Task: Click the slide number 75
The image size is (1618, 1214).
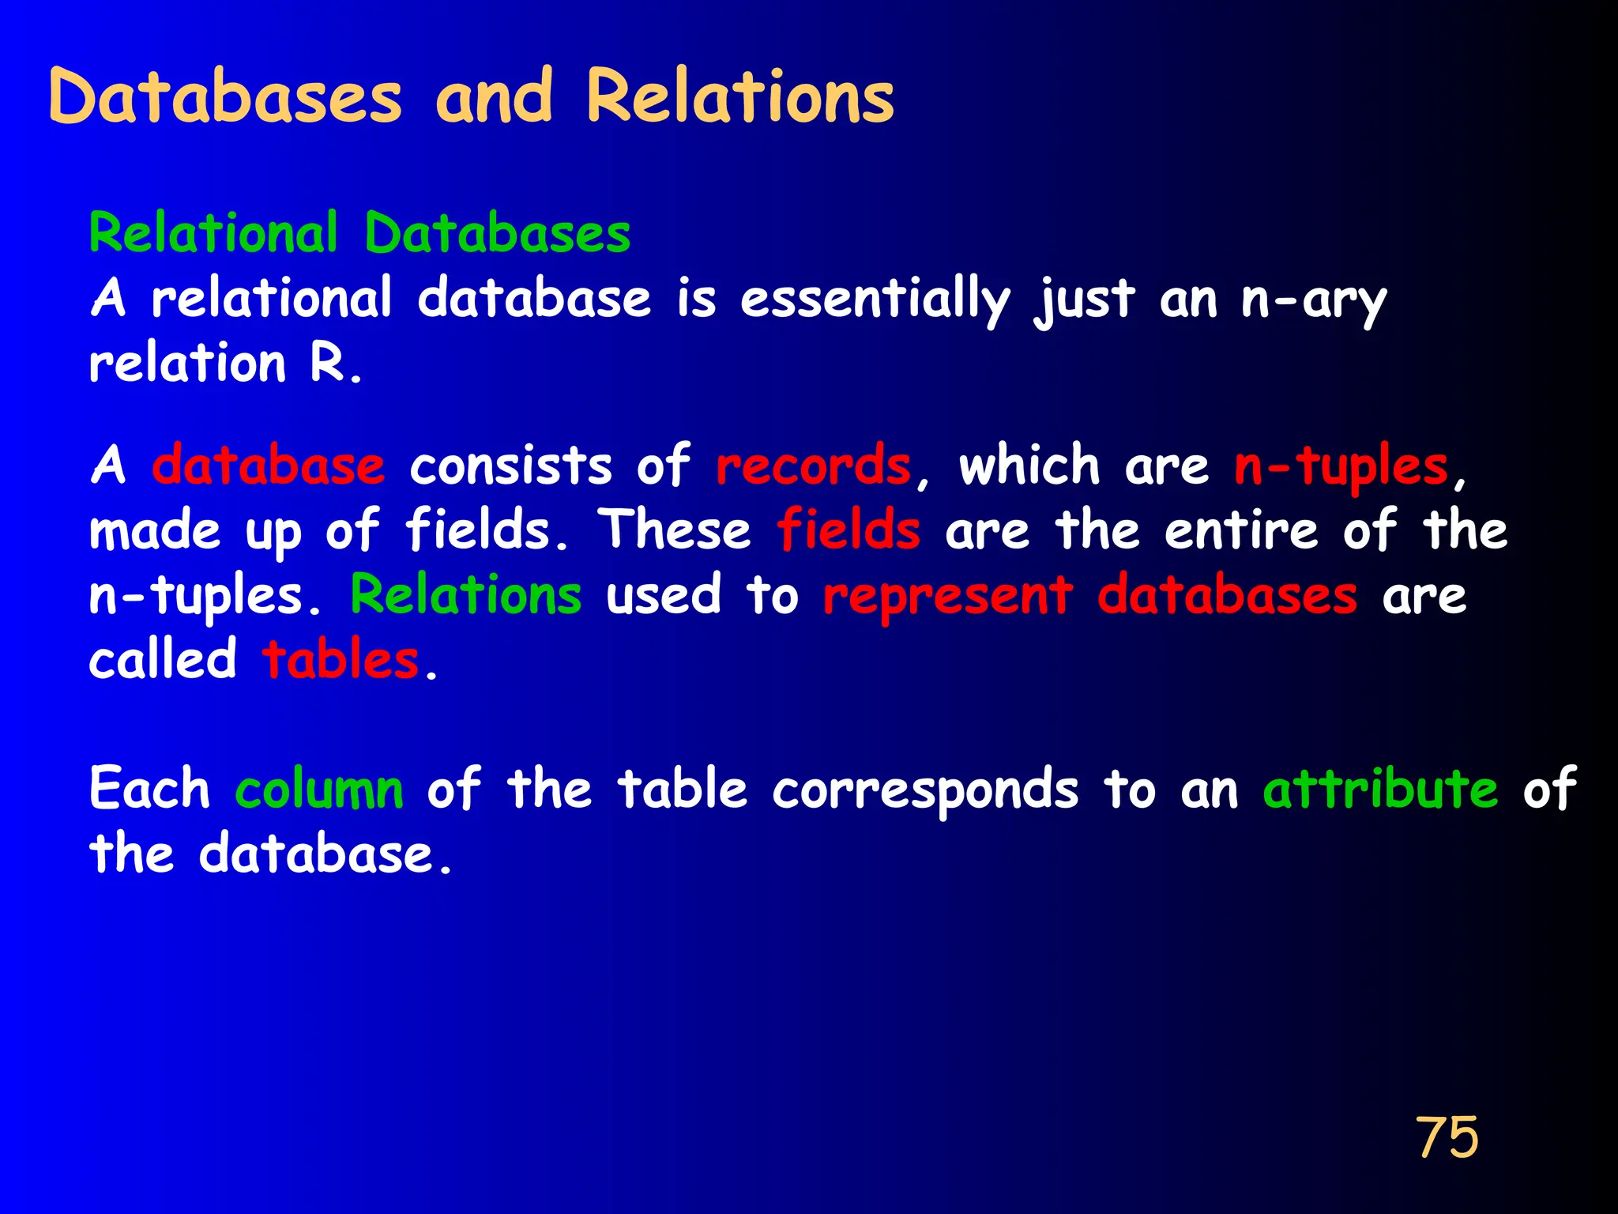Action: pos(1447,1137)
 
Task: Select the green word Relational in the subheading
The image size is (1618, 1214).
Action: pos(214,233)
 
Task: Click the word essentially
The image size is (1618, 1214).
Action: pos(875,300)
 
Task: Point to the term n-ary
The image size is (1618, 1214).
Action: pos(1313,300)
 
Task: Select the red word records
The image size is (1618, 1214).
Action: pos(813,466)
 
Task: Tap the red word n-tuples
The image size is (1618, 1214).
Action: pos(1341,466)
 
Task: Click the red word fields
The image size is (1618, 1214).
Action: pos(849,530)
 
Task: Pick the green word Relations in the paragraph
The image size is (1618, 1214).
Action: pos(466,594)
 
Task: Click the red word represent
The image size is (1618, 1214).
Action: pos(947,596)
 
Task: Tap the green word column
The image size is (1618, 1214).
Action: pos(319,789)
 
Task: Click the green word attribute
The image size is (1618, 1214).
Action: pos(1379,789)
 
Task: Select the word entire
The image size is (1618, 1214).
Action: pos(1241,530)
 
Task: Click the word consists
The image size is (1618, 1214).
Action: pos(510,466)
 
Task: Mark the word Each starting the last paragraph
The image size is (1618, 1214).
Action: pos(149,789)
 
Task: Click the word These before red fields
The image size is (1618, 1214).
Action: pos(674,530)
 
